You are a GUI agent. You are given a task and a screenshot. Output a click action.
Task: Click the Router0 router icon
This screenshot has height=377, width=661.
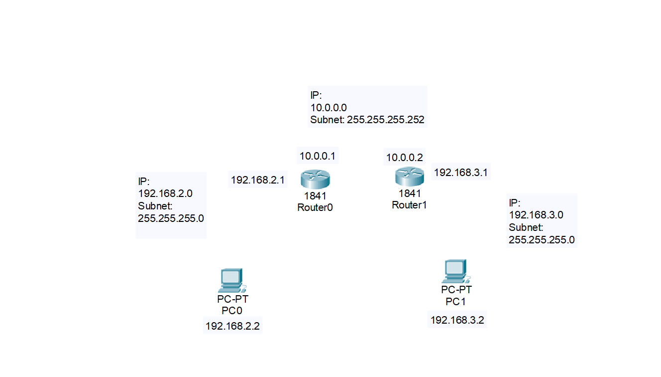(x=315, y=179)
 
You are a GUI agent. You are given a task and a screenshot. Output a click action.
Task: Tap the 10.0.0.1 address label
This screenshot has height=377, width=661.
(x=318, y=156)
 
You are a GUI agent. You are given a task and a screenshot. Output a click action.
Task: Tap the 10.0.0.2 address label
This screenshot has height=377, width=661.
(x=405, y=158)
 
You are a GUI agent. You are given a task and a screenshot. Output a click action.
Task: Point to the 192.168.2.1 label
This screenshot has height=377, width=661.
(x=258, y=180)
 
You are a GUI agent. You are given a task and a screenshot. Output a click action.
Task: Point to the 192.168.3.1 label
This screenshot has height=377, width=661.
(x=461, y=173)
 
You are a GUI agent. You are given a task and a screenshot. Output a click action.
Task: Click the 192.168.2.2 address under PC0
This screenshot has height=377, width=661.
(x=233, y=326)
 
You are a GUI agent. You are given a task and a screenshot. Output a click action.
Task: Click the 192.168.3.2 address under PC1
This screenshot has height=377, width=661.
(x=457, y=320)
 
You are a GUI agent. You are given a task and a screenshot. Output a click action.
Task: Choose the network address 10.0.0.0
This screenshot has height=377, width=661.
(x=329, y=108)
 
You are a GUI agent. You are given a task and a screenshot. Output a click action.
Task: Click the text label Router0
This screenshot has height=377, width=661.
(x=315, y=207)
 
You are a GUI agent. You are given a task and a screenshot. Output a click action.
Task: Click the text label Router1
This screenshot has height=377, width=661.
(x=410, y=204)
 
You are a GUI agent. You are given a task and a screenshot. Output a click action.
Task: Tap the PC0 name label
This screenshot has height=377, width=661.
(x=232, y=311)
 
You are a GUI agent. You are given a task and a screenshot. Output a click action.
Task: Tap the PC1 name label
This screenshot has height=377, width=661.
(x=456, y=301)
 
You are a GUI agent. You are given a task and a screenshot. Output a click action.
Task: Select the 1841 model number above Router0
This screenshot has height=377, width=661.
(x=315, y=196)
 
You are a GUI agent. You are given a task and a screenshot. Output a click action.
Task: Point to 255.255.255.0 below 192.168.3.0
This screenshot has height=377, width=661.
(x=542, y=240)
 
